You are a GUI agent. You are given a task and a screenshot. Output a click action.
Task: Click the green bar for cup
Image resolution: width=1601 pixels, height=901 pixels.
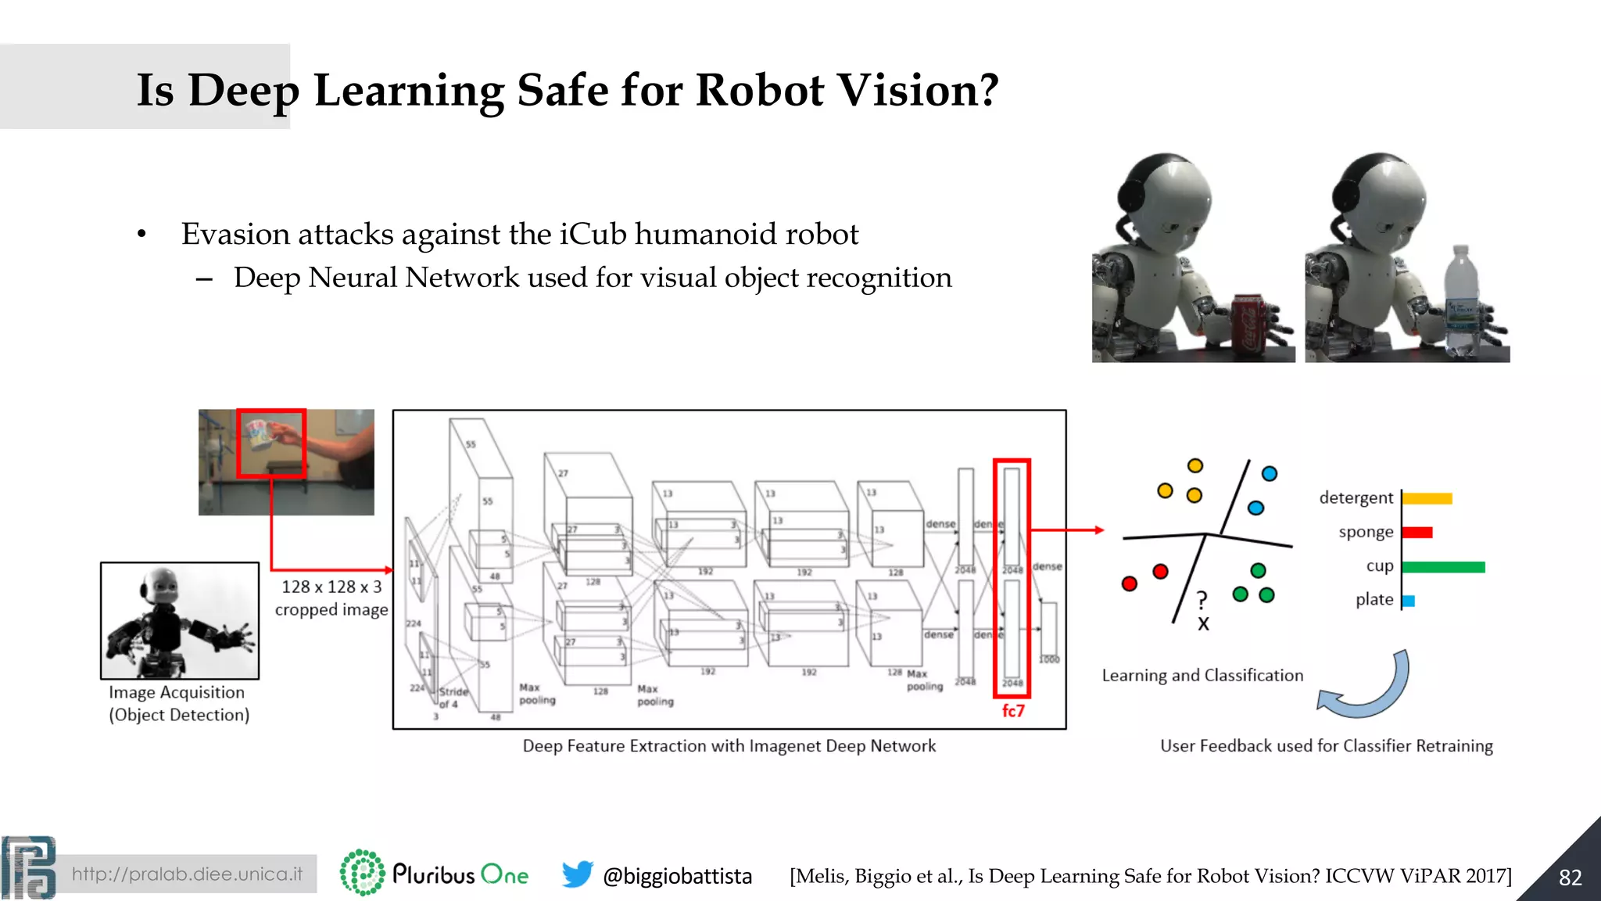pyautogui.click(x=1443, y=567)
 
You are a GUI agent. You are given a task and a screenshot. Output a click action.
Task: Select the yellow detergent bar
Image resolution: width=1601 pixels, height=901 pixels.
pyautogui.click(x=1427, y=499)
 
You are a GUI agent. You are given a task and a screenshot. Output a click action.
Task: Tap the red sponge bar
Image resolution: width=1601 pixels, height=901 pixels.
pyautogui.click(x=1417, y=533)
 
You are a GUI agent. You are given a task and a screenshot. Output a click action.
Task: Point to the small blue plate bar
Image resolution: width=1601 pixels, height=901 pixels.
pyautogui.click(x=1409, y=601)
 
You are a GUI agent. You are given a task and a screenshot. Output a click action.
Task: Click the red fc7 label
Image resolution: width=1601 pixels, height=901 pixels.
pyautogui.click(x=1013, y=711)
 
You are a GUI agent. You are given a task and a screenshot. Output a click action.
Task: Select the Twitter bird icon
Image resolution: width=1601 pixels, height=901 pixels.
pyautogui.click(x=577, y=874)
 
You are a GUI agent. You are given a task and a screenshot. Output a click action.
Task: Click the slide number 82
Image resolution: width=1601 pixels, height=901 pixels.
pyautogui.click(x=1570, y=878)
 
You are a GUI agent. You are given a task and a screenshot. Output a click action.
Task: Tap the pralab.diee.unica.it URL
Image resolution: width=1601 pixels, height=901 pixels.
pyautogui.click(x=187, y=874)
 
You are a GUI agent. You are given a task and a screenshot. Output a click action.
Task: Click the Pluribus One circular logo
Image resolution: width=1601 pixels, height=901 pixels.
pyautogui.click(x=362, y=873)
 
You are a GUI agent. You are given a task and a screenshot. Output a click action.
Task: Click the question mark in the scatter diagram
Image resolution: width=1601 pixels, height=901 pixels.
pyautogui.click(x=1202, y=601)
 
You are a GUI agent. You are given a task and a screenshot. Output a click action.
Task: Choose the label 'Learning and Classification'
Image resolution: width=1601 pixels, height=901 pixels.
pyautogui.click(x=1202, y=676)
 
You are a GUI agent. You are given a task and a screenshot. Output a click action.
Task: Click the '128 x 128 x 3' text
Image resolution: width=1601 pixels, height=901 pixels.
pyautogui.click(x=331, y=587)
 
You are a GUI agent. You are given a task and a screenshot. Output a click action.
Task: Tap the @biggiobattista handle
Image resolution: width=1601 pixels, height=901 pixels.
pyautogui.click(x=677, y=876)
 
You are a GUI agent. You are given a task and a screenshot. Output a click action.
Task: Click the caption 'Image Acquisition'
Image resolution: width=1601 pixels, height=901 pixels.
pyautogui.click(x=177, y=692)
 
